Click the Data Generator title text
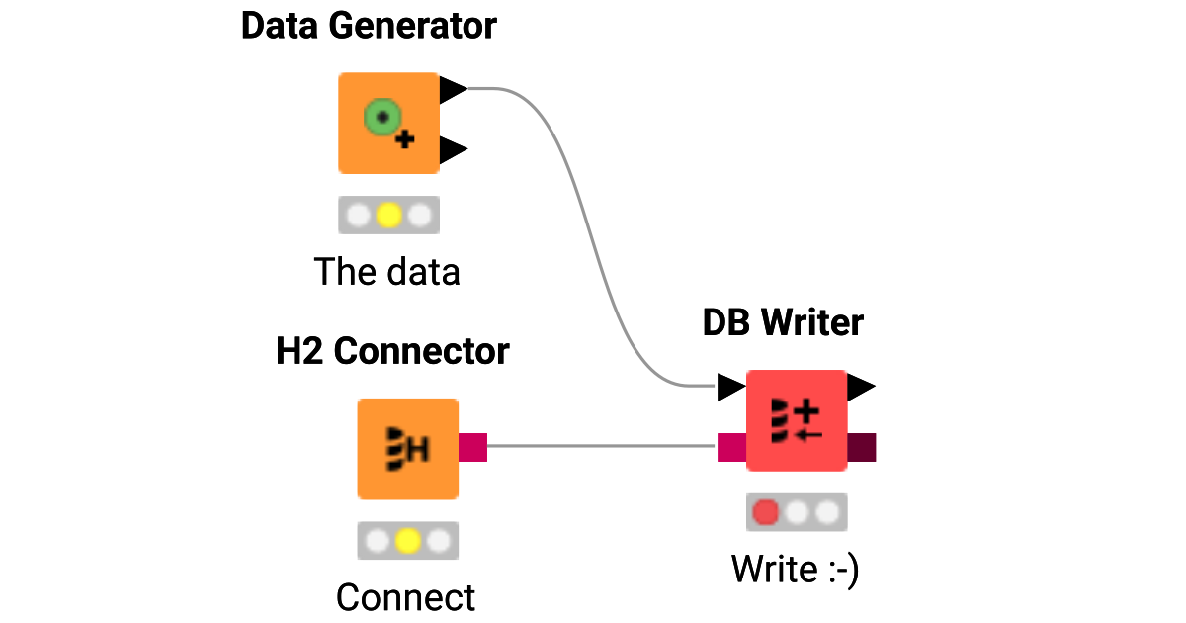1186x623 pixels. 369,27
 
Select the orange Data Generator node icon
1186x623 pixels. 388,123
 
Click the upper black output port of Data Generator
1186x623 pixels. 452,90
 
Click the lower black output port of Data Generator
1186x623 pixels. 452,150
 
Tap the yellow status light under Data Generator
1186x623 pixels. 388,215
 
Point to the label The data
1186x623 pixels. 387,271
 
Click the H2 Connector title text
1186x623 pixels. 392,351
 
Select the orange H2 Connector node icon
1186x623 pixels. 407,448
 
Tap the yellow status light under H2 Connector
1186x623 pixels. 407,541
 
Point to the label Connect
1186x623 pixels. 405,597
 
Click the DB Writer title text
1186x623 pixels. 783,322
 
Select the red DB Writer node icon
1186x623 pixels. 797,420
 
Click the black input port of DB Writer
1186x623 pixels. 730,387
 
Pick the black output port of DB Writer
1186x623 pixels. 860,387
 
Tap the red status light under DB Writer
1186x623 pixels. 766,512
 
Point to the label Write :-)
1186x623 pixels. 795,569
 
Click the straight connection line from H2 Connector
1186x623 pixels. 603,446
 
